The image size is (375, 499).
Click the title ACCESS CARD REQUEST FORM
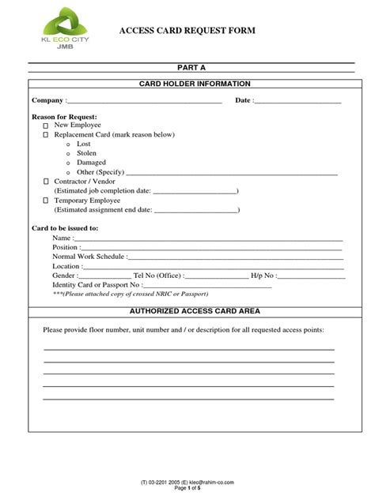coord(187,31)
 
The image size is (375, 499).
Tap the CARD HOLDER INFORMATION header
coord(195,83)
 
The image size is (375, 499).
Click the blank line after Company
coord(146,102)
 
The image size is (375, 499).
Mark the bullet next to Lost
coord(68,144)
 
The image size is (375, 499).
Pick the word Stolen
coord(86,153)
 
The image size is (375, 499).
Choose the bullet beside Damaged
coord(68,163)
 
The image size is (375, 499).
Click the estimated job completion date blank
coord(194,191)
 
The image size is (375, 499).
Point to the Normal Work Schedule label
coord(88,257)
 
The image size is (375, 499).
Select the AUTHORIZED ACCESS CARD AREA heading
coord(195,311)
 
